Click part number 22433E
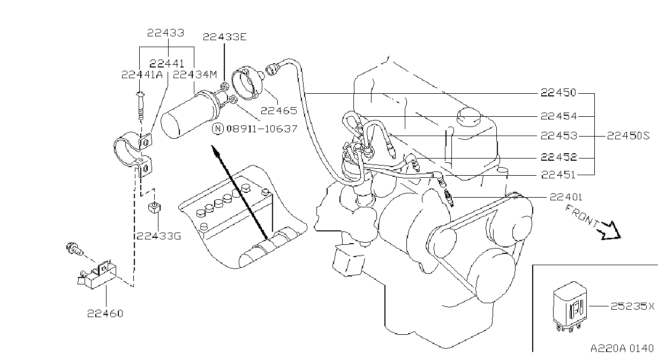tap(225, 37)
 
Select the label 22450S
tap(628, 136)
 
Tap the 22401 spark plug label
tap(566, 197)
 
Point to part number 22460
tap(105, 313)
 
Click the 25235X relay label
tap(632, 306)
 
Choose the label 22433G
tap(159, 236)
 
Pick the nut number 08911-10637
tap(262, 129)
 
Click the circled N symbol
tap(218, 129)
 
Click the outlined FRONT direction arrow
tap(610, 231)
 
